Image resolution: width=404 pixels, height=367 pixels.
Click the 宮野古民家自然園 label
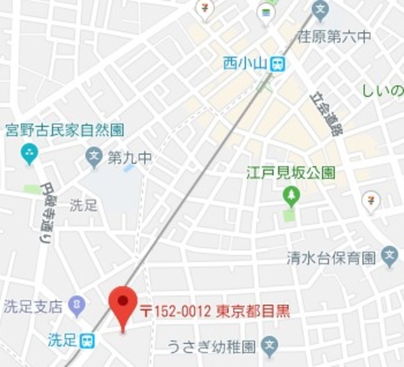pyautogui.click(x=64, y=130)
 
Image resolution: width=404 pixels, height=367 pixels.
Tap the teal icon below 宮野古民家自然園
pyautogui.click(x=29, y=152)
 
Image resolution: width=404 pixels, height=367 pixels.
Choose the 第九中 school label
pyautogui.click(x=129, y=157)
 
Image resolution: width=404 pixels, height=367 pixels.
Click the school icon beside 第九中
pyautogui.click(x=95, y=157)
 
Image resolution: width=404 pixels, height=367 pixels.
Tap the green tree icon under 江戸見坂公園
pyautogui.click(x=290, y=197)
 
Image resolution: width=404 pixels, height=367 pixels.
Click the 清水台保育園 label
pyautogui.click(x=331, y=258)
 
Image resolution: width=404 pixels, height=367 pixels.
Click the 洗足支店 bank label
pyautogui.click(x=33, y=307)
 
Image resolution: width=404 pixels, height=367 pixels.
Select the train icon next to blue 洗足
pyautogui.click(x=88, y=340)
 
